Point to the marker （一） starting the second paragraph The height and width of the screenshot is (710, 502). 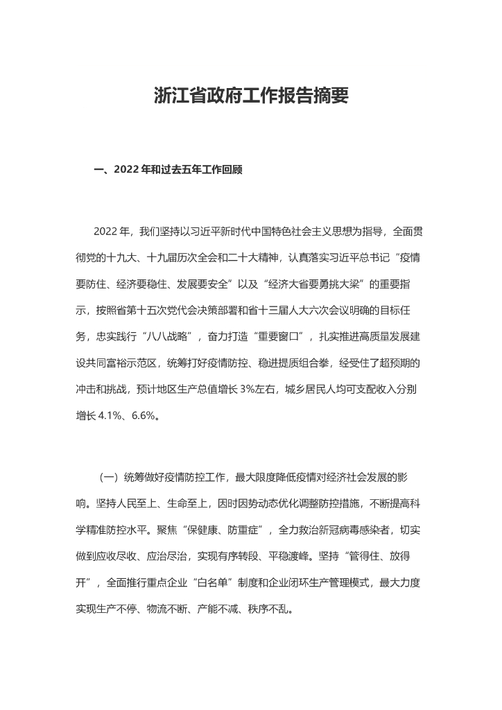pos(108,478)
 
